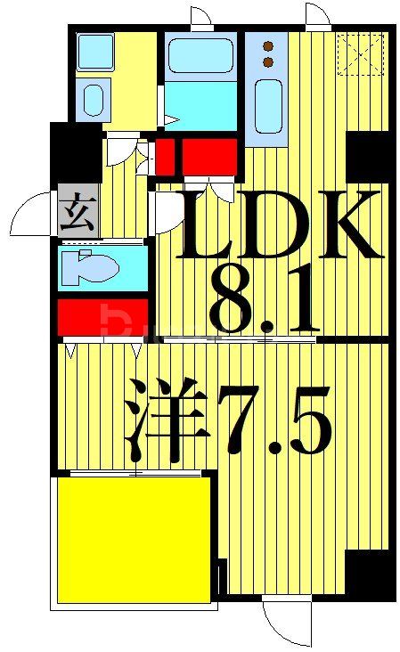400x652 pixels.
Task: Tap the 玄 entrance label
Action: [x=76, y=215]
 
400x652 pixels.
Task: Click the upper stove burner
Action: [x=266, y=46]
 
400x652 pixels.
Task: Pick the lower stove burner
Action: [x=266, y=62]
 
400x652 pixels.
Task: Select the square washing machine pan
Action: [x=94, y=52]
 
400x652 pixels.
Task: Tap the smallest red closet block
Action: [x=165, y=157]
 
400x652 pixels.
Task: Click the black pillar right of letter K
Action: [x=369, y=157]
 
